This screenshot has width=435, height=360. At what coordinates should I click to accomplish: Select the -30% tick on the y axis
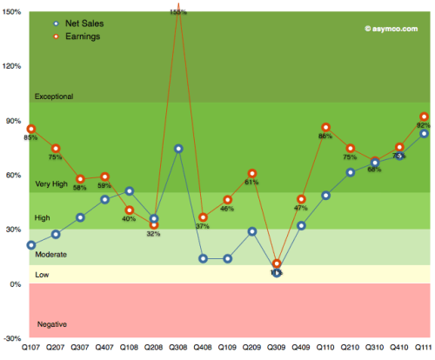click(x=12, y=340)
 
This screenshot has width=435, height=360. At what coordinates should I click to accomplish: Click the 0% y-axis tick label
click(x=16, y=285)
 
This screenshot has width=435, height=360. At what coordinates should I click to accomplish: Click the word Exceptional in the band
click(x=54, y=96)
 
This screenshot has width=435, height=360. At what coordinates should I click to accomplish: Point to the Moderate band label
click(x=50, y=254)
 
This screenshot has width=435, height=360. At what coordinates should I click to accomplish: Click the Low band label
click(x=42, y=275)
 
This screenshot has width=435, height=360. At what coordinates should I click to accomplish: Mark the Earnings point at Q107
click(x=31, y=129)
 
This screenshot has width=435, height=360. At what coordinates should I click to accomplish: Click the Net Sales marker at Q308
click(x=178, y=149)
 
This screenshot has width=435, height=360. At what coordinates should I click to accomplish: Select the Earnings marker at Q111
click(x=424, y=117)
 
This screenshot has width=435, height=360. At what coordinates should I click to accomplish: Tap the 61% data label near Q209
click(x=251, y=183)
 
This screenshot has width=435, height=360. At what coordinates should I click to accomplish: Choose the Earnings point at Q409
click(x=302, y=199)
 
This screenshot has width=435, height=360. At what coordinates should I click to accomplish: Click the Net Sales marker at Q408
click(x=203, y=258)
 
